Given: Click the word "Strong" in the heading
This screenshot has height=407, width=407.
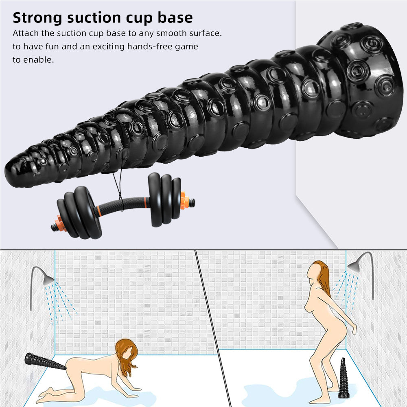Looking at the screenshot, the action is (x=37, y=18).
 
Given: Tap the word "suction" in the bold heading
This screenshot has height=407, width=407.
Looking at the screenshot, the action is (x=94, y=18).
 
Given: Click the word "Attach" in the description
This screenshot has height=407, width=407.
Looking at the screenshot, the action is (x=26, y=33).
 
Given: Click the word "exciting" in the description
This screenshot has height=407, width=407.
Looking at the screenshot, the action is (x=109, y=47).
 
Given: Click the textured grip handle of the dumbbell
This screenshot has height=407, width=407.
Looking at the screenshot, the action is (x=122, y=206).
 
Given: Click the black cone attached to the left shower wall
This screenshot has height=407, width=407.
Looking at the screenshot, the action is (x=45, y=361).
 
